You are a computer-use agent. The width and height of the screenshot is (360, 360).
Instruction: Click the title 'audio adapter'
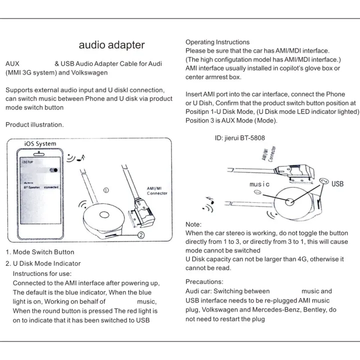pos(112,45)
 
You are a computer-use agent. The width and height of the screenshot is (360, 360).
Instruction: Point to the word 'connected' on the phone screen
pos(51,187)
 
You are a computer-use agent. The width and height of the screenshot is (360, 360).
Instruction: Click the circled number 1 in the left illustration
pos(106,190)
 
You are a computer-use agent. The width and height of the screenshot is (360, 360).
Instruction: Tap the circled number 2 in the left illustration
pos(141,233)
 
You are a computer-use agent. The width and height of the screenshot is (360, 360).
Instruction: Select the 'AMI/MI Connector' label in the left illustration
pos(157,190)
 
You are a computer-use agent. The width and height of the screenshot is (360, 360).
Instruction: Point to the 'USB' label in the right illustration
pos(337,183)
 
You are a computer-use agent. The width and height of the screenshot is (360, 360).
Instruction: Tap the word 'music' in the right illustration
pos(259,184)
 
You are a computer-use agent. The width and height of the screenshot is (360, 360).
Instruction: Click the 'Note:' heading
pos(193,224)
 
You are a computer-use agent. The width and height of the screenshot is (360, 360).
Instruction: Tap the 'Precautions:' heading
pos(204,282)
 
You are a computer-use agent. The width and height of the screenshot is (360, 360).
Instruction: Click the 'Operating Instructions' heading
pos(217,42)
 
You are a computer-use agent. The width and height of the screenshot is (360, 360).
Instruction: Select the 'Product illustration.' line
pos(34,124)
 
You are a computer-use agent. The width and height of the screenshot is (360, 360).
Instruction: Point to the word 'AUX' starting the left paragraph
pos(12,64)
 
